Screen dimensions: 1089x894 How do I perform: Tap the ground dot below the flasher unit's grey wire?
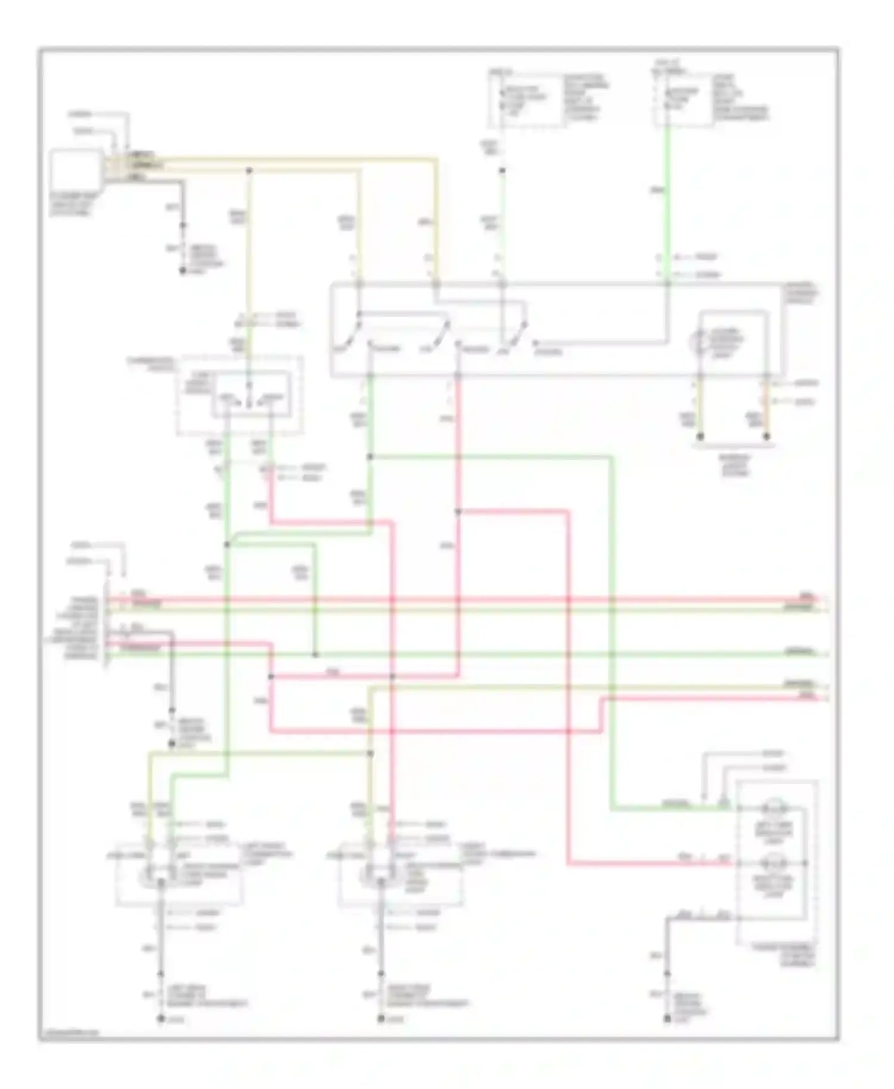coord(183,271)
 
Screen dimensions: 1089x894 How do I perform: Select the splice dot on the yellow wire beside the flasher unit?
coord(249,171)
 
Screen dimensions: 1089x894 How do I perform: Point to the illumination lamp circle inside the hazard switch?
coord(698,341)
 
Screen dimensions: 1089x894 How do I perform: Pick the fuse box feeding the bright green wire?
coord(684,99)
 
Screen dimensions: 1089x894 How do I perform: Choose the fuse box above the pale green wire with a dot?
coord(524,99)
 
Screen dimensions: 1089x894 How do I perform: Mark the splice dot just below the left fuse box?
coord(502,171)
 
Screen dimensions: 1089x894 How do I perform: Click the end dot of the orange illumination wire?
coord(766,437)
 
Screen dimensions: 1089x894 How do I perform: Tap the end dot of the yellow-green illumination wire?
coord(701,437)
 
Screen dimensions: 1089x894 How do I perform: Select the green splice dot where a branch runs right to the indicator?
coord(370,457)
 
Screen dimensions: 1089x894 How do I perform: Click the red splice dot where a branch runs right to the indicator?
coord(458,511)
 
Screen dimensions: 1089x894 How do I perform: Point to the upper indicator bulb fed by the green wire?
coord(774,808)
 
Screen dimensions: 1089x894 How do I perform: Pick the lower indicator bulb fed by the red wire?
coord(774,863)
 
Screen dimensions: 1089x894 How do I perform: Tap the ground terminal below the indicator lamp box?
coord(667,1020)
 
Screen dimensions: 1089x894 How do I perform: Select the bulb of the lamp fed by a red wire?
coord(370,876)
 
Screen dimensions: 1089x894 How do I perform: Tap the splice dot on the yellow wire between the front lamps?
coord(370,754)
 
